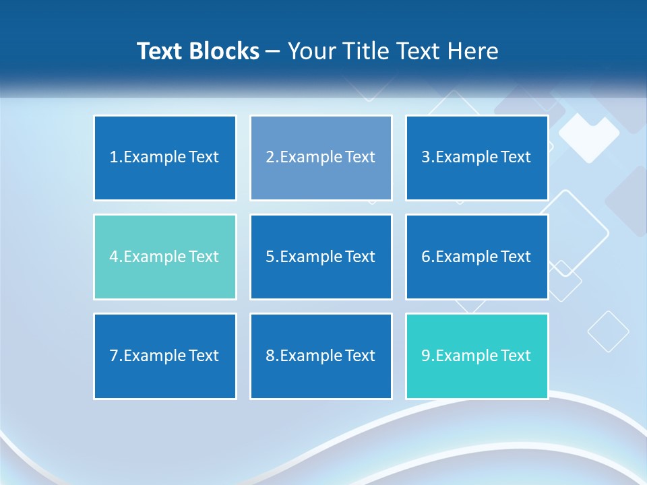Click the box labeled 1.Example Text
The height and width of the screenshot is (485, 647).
click(165, 158)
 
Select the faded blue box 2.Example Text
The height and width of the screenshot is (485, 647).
click(321, 158)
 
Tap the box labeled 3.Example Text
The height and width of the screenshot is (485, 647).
click(476, 158)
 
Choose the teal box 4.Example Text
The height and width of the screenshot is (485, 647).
click(165, 257)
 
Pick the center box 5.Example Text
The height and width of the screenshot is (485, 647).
click(321, 257)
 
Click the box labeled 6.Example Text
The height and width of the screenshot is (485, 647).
click(476, 257)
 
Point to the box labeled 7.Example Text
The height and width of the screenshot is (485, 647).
click(165, 356)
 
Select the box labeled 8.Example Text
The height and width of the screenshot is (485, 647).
click(321, 356)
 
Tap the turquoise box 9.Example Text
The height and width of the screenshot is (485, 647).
click(476, 356)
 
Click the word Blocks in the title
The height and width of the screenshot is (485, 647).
click(226, 51)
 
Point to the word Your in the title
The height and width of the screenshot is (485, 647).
click(312, 51)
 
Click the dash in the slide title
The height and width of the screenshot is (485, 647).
click(273, 51)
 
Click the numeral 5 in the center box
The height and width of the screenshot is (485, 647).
click(270, 257)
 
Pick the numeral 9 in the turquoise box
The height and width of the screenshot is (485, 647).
click(426, 356)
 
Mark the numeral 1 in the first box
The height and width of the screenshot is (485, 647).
click(113, 158)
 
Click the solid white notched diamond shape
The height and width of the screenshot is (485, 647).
click(588, 137)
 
